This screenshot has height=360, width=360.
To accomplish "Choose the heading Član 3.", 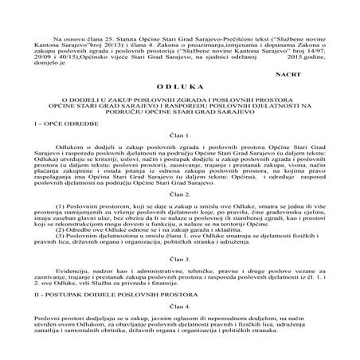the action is click(x=179, y=281).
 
